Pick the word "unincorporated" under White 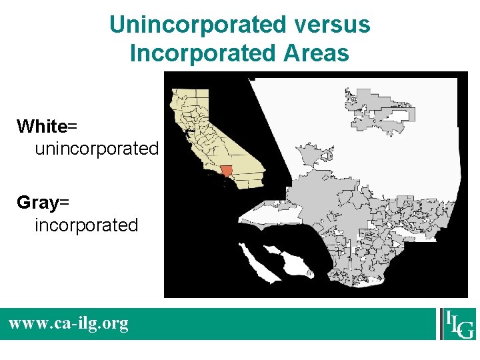pyautogui.click(x=97, y=149)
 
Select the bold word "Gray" pyautogui.click(x=39, y=203)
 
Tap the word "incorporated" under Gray pyautogui.click(x=86, y=225)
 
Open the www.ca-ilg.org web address pyautogui.click(x=68, y=324)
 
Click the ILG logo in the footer pyautogui.click(x=457, y=324)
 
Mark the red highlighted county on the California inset pyautogui.click(x=227, y=171)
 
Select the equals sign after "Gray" pyautogui.click(x=65, y=203)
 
